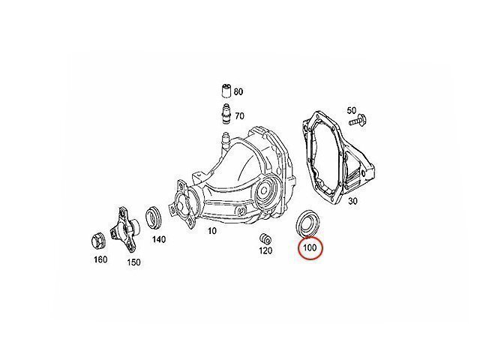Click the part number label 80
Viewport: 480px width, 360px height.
point(238,91)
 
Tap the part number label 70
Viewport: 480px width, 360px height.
point(239,116)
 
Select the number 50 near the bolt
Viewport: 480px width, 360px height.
point(352,110)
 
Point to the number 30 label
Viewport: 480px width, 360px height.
point(352,201)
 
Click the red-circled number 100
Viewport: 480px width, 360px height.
point(310,247)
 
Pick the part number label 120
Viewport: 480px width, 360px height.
point(265,250)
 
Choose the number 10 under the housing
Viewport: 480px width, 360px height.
point(211,231)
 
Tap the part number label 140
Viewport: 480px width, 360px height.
point(159,239)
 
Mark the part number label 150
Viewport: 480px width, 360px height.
point(133,262)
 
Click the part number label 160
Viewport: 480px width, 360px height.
point(100,259)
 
